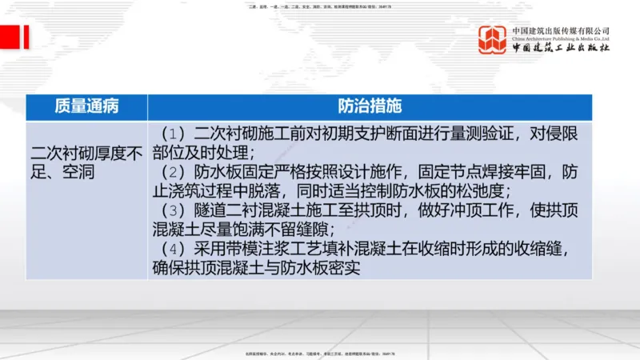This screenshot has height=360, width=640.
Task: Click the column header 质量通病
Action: (86, 107)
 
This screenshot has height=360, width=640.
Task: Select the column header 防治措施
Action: (370, 107)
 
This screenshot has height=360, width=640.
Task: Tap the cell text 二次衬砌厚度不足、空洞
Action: (86, 161)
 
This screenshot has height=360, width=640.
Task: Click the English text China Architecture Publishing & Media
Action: (561, 38)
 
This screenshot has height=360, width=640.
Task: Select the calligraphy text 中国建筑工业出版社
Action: (561, 49)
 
